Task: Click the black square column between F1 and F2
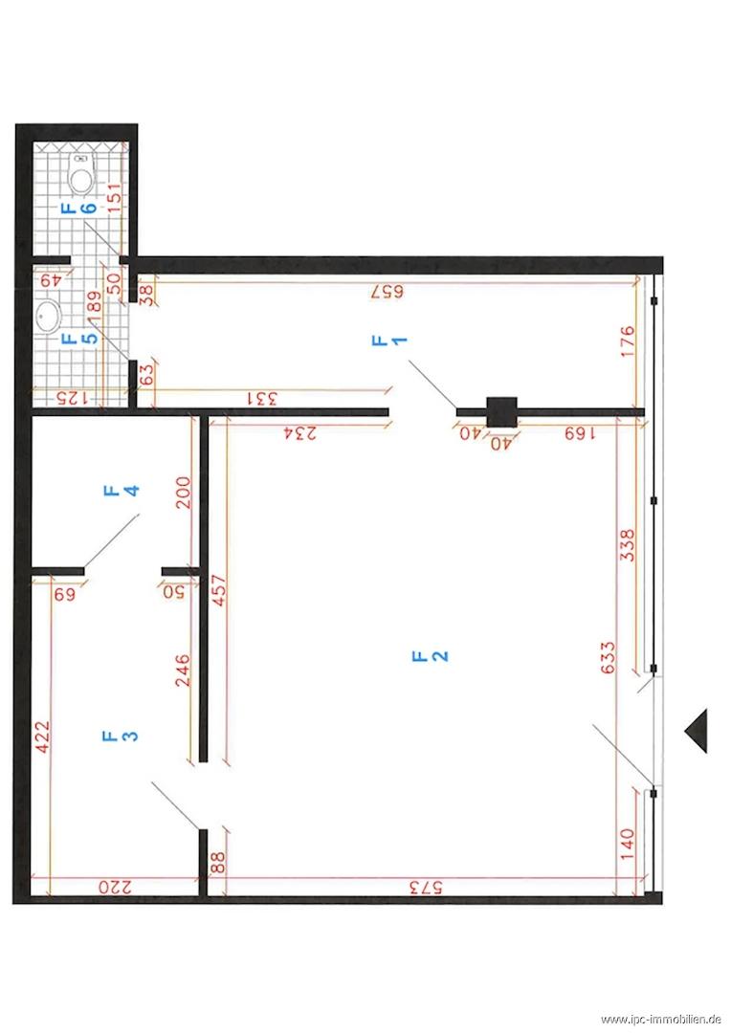pyautogui.click(x=501, y=412)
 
